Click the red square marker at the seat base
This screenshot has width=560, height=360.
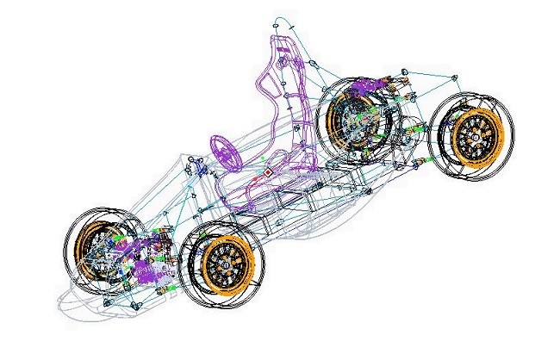coord(268,173)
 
